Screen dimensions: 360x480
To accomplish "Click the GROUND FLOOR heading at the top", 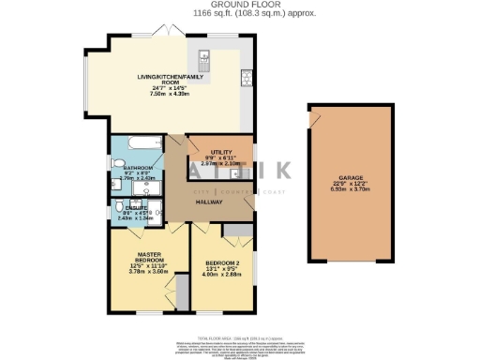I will pos(239,5).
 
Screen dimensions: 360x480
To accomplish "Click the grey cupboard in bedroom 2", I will pos(237,230).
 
